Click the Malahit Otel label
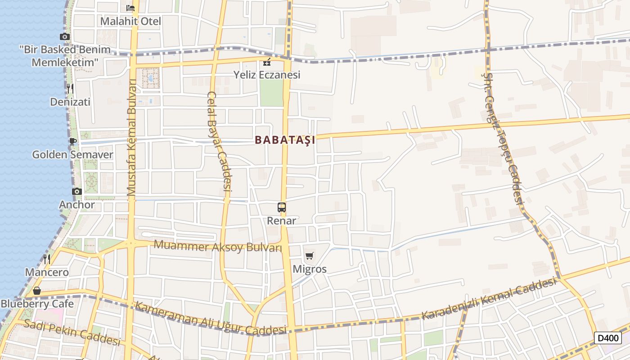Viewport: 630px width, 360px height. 130,21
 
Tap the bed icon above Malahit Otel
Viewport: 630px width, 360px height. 130,8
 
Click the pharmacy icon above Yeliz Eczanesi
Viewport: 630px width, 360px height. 267,62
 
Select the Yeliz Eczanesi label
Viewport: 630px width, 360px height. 267,75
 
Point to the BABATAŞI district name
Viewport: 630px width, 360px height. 285,140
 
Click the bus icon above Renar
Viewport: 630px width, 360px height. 282,207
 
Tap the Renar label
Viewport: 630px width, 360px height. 282,220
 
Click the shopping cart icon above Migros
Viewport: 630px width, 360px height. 309,256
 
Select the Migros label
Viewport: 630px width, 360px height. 310,270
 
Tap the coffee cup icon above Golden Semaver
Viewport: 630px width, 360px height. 72,141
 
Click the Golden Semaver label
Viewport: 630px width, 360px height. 72,155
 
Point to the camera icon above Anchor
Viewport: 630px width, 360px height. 77,191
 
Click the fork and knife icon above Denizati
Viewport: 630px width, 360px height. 70,88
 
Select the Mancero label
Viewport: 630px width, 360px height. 47,272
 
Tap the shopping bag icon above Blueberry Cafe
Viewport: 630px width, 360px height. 37,291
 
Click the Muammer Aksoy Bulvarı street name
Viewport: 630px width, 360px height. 218,247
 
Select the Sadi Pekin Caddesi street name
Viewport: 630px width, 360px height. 72,332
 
